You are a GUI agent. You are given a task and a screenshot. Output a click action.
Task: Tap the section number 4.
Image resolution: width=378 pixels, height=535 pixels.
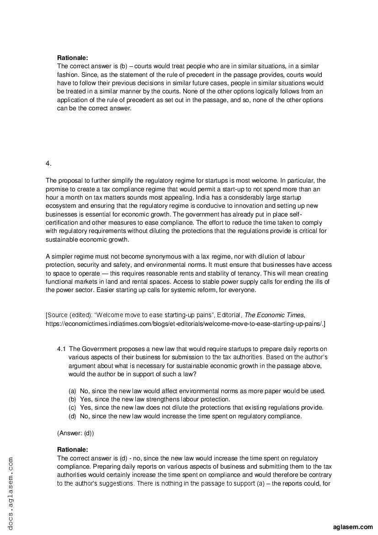click(x=48, y=163)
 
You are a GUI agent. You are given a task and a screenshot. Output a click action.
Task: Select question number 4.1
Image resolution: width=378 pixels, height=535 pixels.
click(x=62, y=349)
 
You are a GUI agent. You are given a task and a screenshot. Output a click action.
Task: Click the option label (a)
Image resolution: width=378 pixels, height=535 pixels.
click(x=72, y=391)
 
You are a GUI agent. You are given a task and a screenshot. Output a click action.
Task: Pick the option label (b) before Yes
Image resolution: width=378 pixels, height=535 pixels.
click(x=72, y=399)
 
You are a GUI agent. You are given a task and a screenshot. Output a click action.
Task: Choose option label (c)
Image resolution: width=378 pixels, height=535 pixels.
click(x=72, y=407)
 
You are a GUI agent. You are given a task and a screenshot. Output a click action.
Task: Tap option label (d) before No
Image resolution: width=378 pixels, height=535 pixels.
click(x=72, y=416)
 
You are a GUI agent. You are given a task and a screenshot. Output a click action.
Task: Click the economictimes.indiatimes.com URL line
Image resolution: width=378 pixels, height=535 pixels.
click(x=185, y=324)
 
